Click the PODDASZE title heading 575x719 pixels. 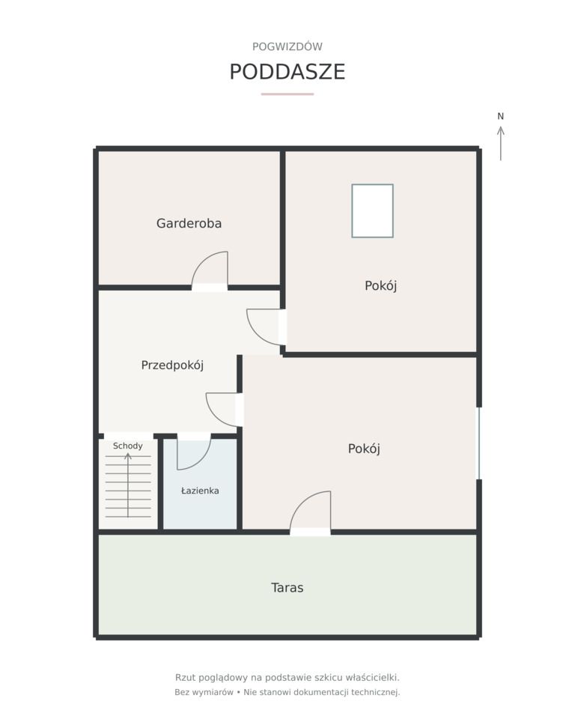pos(287,72)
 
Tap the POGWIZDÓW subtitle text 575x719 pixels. pos(287,46)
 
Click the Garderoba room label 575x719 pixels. pos(189,223)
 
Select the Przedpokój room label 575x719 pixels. pos(172,365)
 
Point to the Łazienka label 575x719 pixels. pos(200,491)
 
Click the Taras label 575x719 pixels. pos(287,588)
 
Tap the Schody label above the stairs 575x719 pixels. pos(127,446)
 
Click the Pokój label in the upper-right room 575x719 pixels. pos(380,285)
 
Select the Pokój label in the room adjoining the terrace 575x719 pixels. pos(364,449)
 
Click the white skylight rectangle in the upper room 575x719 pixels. pos(372,211)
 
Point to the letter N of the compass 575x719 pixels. pos(501,117)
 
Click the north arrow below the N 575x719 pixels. pos(501,144)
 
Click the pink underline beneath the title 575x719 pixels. pos(287,94)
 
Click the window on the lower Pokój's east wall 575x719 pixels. pos(479,443)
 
